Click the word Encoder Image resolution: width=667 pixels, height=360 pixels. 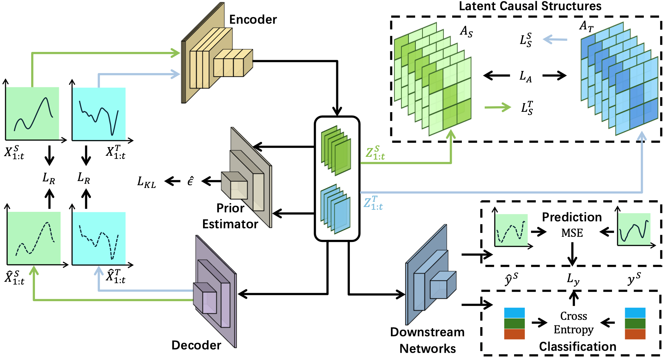click(x=253, y=20)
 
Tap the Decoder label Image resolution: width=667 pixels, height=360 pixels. click(x=196, y=345)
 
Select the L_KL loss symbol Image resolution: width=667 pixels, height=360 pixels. click(x=147, y=181)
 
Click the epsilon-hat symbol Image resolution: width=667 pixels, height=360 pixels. click(x=191, y=181)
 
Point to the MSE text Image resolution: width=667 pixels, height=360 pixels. click(x=572, y=233)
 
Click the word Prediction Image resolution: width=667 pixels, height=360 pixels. click(x=572, y=217)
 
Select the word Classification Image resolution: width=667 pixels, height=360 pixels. click(x=577, y=346)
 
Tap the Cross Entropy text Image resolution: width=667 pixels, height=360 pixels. click(x=574, y=323)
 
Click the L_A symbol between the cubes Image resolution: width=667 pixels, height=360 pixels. click(x=526, y=76)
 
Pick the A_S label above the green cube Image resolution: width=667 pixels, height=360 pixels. click(x=466, y=32)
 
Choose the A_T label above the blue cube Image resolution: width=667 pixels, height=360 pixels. click(x=586, y=26)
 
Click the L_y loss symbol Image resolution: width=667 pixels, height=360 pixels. click(x=573, y=279)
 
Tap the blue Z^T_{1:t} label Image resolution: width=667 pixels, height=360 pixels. click(x=373, y=203)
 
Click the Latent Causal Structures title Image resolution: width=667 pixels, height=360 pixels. click(x=530, y=6)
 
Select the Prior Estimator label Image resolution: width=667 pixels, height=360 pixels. click(x=230, y=216)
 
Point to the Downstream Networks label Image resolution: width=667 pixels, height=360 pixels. click(x=427, y=340)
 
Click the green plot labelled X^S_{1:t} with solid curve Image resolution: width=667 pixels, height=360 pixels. click(x=33, y=114)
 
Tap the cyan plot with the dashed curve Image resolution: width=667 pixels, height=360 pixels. click(x=99, y=239)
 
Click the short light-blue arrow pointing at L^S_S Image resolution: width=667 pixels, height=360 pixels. click(x=555, y=39)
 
